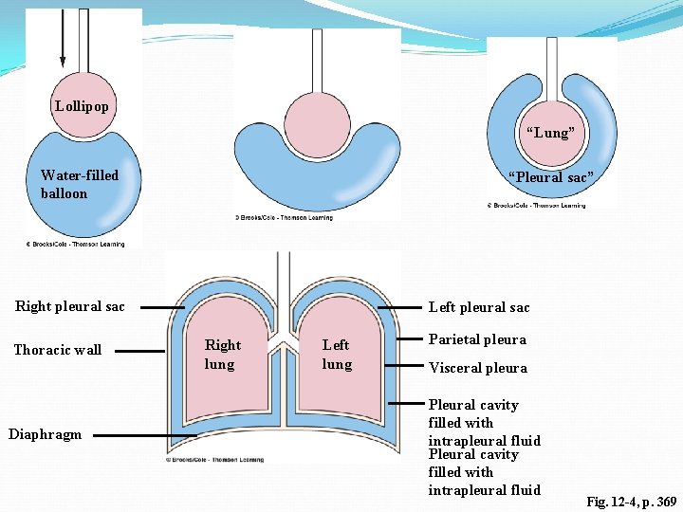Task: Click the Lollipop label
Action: click(x=82, y=105)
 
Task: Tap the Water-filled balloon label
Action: click(x=80, y=184)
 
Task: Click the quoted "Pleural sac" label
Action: click(x=550, y=177)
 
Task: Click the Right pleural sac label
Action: click(x=70, y=306)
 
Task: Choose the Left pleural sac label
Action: click(x=479, y=307)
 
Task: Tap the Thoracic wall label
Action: click(x=57, y=350)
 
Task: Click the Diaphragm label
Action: click(x=45, y=434)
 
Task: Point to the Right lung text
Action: click(x=223, y=355)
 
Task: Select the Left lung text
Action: click(x=337, y=355)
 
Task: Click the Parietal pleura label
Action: click(x=477, y=339)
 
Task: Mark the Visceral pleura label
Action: click(x=478, y=368)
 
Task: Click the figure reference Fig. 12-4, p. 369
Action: click(x=631, y=501)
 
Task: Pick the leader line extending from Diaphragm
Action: click(x=142, y=435)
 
